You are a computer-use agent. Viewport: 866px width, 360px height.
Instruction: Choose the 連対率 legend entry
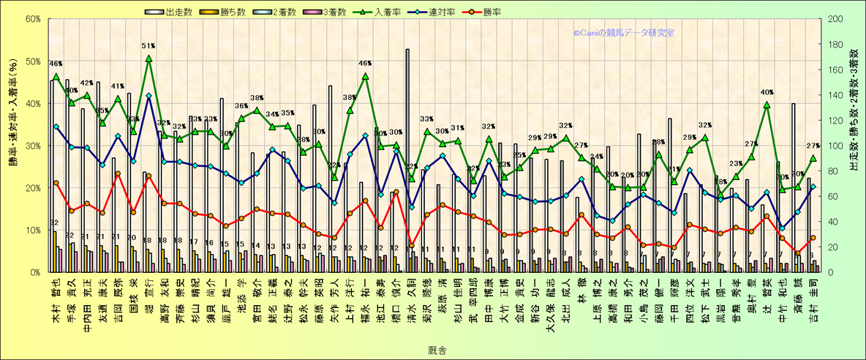[418, 12]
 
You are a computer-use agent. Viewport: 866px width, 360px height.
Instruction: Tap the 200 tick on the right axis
[833, 18]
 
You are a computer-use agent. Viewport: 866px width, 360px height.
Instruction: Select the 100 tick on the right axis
[833, 146]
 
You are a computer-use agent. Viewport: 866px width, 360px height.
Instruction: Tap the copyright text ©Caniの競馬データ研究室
[623, 33]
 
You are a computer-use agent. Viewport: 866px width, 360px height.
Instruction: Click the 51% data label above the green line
[148, 47]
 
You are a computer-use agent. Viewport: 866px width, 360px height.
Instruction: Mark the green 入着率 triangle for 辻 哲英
[767, 105]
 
